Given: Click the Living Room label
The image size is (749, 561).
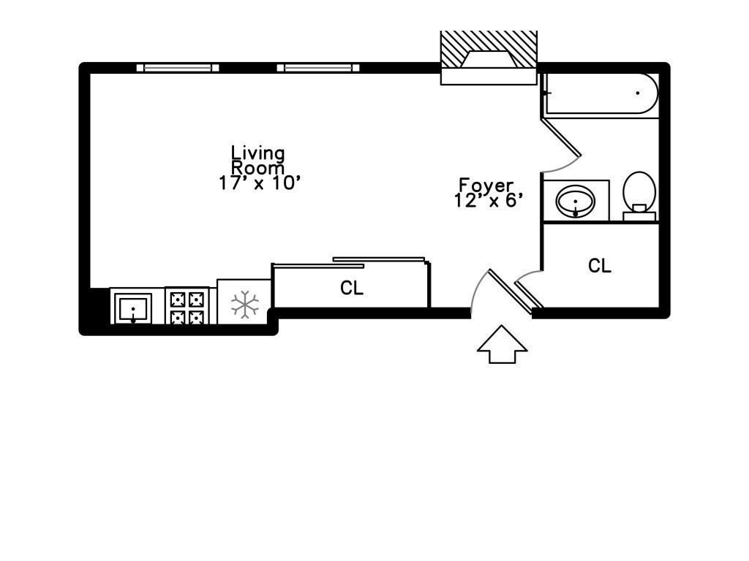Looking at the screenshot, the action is [258, 160].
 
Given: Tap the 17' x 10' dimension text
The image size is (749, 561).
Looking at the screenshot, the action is [260, 183].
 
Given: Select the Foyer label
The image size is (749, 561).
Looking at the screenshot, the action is [486, 186].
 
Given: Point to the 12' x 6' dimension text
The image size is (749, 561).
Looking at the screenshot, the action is [486, 201].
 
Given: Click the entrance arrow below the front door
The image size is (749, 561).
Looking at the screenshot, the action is [502, 344].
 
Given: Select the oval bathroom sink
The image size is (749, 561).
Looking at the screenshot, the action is [576, 200].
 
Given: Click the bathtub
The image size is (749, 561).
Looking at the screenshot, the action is [602, 93].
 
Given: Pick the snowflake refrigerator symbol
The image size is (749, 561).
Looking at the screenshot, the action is [244, 304].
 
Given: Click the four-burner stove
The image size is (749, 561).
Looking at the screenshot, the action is [187, 306].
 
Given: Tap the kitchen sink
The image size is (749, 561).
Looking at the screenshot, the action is [133, 308].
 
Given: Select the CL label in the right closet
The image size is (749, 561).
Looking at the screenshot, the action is [600, 266].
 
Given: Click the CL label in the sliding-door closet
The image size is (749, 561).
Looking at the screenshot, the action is [352, 288].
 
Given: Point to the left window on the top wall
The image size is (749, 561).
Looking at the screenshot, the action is [178, 68].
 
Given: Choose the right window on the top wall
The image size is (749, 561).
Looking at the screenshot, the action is [318, 68].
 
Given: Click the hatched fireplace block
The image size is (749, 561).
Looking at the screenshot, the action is [488, 50].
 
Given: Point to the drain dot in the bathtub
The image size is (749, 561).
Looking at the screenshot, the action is [637, 93].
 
